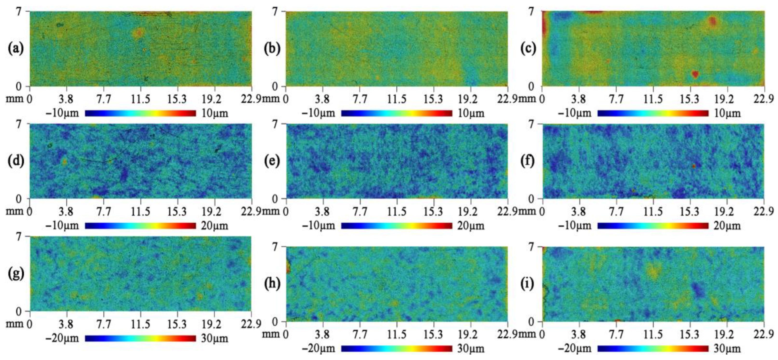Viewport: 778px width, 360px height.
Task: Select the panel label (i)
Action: [528, 284]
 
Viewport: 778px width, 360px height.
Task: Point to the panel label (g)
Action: [16, 274]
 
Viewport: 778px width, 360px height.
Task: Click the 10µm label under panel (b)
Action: [471, 113]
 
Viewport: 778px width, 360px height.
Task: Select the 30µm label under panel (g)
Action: [214, 338]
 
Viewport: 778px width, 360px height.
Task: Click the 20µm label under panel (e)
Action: [471, 226]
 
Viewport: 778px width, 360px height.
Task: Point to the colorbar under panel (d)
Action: [140, 226]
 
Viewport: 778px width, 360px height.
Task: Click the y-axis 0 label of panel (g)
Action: [19, 312]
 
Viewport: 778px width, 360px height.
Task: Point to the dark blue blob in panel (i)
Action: [698, 289]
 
